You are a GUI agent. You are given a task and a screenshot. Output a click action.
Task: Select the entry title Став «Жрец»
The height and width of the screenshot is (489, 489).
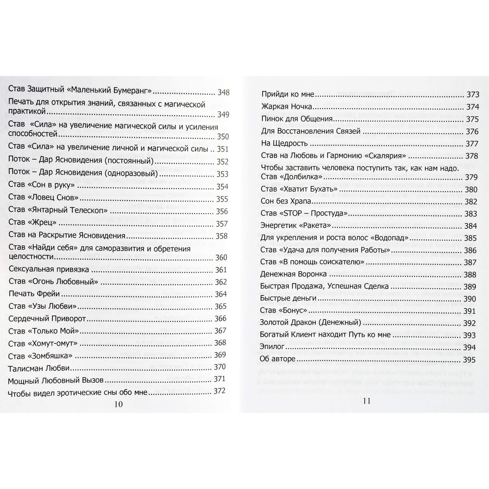[33, 222]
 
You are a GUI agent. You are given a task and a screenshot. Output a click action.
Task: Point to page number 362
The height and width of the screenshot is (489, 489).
[220, 282]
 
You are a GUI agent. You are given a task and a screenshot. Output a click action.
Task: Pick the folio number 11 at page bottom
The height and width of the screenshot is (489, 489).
[366, 401]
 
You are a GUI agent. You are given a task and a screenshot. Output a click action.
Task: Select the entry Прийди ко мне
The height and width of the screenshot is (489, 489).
[288, 94]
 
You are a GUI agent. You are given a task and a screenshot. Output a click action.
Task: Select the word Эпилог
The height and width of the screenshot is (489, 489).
[272, 347]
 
